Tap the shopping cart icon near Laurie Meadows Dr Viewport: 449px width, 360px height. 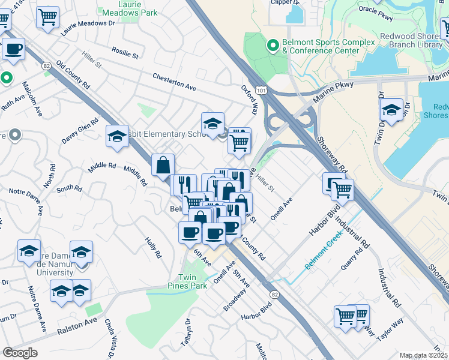tap(47, 17)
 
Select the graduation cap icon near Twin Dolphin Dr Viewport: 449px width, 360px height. tap(391, 110)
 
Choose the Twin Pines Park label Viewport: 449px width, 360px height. tap(192, 281)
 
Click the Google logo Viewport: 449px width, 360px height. tap(20, 352)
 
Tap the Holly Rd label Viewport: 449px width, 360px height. tap(153, 247)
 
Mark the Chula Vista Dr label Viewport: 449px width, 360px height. tap(111, 344)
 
